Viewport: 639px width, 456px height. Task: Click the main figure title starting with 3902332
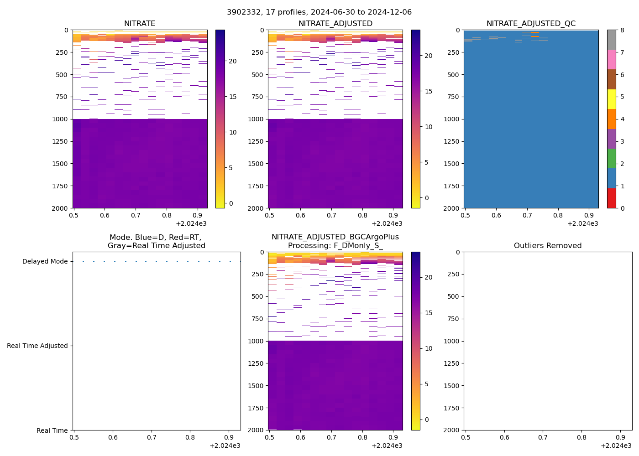coord(319,12)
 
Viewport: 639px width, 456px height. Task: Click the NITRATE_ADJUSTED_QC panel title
coord(531,24)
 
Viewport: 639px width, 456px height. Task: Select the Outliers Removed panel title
coord(548,246)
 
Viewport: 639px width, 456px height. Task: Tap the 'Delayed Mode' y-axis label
coord(45,262)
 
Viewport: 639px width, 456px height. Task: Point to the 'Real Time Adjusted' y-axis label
coord(37,346)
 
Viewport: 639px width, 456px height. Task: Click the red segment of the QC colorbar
coord(611,198)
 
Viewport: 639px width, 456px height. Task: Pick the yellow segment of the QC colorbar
coord(611,99)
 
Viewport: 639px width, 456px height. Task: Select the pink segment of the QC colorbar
coord(611,60)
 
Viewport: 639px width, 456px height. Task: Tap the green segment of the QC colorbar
coord(611,159)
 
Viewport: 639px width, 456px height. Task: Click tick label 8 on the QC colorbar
coord(622,31)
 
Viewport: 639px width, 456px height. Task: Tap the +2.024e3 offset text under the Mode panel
coord(225,446)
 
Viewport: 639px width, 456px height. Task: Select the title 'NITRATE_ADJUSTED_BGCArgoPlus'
coord(335,237)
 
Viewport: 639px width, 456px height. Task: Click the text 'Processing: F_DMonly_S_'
coord(335,246)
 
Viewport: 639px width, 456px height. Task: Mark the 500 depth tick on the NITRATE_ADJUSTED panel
coord(257,75)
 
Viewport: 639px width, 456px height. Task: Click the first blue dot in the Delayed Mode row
coord(83,262)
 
